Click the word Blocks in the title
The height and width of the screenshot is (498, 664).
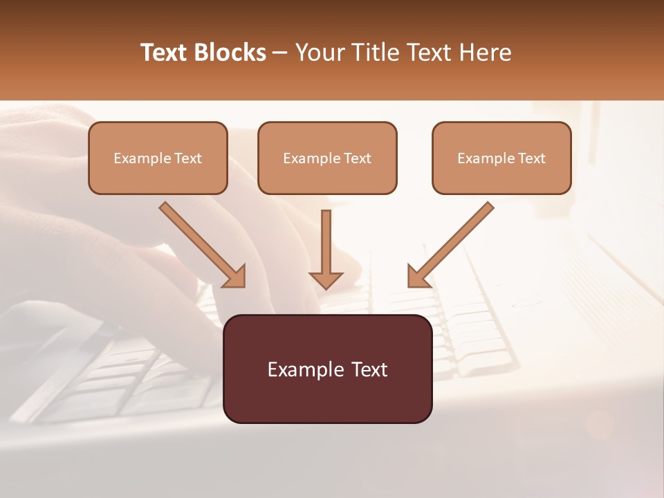point(229,53)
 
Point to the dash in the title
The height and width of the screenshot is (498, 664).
point(280,53)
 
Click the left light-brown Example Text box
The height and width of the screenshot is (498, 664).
point(158,158)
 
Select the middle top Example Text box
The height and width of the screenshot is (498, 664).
point(327,158)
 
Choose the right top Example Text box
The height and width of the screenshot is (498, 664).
point(501,158)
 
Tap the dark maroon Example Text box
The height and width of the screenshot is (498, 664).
point(327,369)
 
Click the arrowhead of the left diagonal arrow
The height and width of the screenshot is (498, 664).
point(235,277)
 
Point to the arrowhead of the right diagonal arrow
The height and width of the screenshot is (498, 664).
point(418,277)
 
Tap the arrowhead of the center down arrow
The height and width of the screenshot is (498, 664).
point(326,279)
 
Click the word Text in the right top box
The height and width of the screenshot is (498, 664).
point(531,158)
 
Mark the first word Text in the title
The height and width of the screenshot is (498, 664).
point(167,53)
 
